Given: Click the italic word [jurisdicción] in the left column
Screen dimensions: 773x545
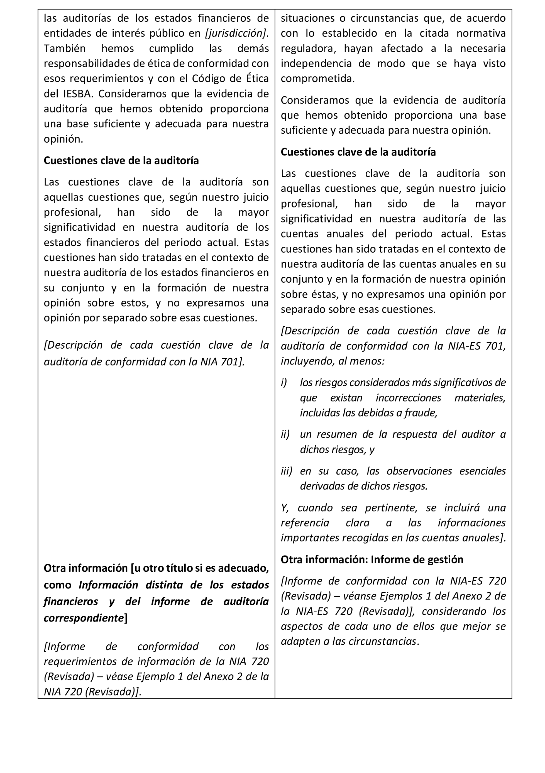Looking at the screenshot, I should [235, 33].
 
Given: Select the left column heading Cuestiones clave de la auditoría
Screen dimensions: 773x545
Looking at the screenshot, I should [121, 161].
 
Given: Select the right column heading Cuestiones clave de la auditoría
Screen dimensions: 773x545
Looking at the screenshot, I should [358, 152].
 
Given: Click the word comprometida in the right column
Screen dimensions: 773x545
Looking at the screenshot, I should [317, 79].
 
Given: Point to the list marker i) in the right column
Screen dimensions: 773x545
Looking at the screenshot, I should [284, 383].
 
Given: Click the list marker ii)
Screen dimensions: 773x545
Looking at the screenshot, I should [285, 435].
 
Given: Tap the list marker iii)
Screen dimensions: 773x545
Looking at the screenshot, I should [286, 471].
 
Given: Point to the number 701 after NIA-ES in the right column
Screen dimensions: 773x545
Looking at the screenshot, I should [496, 346].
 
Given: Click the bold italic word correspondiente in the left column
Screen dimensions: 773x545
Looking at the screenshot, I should [84, 618].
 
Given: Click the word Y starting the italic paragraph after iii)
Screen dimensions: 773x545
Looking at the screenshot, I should [284, 508].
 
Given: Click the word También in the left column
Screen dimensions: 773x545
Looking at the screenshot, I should [65, 48].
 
